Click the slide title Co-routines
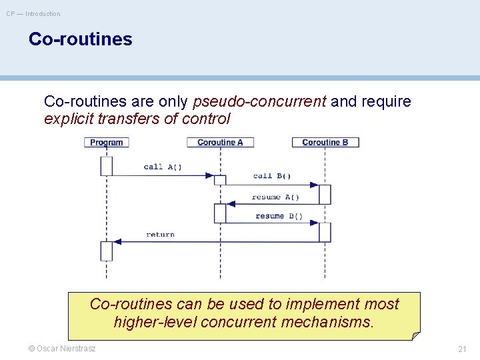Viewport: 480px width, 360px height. [80, 39]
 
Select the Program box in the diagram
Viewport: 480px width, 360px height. [107, 142]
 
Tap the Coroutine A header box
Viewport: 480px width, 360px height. [220, 142]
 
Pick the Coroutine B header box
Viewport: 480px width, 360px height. [325, 142]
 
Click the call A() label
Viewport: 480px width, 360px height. [163, 167]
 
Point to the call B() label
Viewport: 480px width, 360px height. [272, 176]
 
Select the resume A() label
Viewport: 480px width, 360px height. [275, 197]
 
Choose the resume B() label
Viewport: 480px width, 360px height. [279, 216]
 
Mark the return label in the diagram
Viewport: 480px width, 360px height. [160, 235]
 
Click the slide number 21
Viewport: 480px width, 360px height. [462, 349]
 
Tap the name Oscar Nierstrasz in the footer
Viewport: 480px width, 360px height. [67, 349]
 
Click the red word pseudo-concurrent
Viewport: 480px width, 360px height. [259, 101]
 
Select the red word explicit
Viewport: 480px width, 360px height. [68, 119]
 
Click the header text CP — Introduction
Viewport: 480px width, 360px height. [33, 14]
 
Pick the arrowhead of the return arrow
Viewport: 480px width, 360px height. [117, 241]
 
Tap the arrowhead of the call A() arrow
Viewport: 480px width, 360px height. [209, 176]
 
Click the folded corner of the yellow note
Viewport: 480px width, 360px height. [415, 335]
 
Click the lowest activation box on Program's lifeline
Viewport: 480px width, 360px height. [107, 251]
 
